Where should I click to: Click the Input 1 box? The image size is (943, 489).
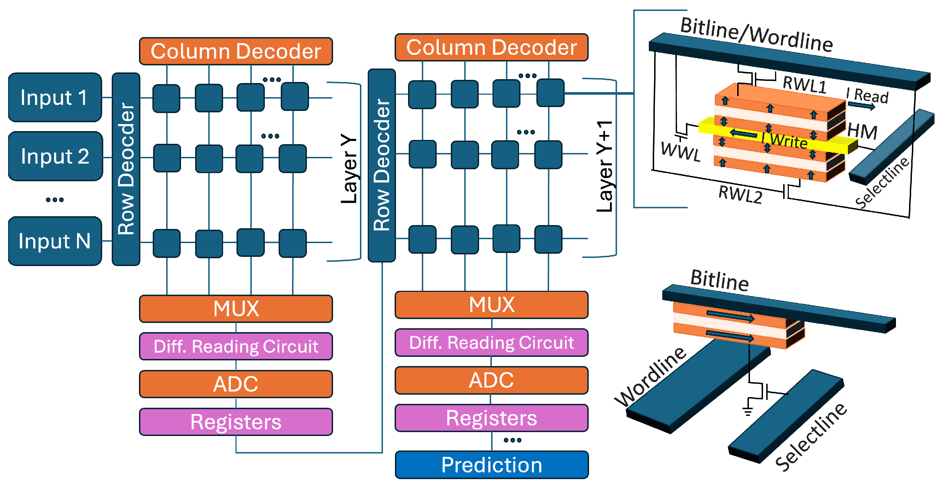pyautogui.click(x=54, y=97)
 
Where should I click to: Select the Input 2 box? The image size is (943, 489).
pyautogui.click(x=55, y=156)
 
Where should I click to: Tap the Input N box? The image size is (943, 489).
pyautogui.click(x=54, y=241)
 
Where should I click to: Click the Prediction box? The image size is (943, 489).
pyautogui.click(x=491, y=465)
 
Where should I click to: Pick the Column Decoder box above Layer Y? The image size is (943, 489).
pyautogui.click(x=236, y=51)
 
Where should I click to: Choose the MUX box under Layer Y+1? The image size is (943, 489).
pyautogui.click(x=491, y=305)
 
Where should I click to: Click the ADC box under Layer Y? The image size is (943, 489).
pyautogui.click(x=236, y=384)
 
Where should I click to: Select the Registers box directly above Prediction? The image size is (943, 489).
pyautogui.click(x=491, y=418)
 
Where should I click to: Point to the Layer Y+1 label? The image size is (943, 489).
pyautogui.click(x=605, y=166)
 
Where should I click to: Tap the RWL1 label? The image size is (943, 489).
pyautogui.click(x=804, y=85)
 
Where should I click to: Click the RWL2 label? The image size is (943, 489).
pyautogui.click(x=740, y=194)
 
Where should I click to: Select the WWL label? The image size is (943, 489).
pyautogui.click(x=681, y=152)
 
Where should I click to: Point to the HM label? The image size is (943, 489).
pyautogui.click(x=862, y=131)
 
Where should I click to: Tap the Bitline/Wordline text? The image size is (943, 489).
pyautogui.click(x=756, y=35)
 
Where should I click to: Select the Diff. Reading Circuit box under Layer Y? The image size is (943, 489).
pyautogui.click(x=236, y=346)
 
